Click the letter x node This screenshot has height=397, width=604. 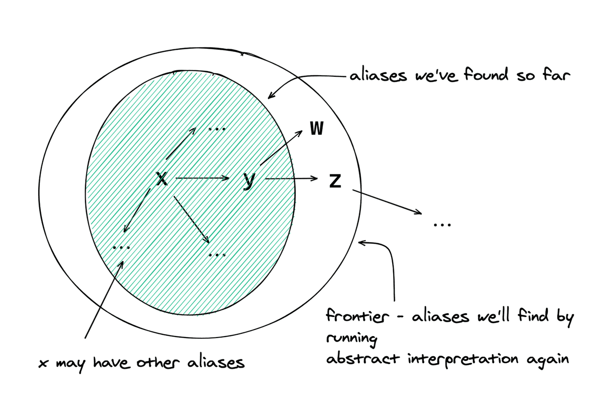pyautogui.click(x=161, y=178)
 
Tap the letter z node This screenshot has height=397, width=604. pyautogui.click(x=335, y=181)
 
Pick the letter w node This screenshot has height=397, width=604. pyautogui.click(x=316, y=129)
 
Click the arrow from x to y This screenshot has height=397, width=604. pyautogui.click(x=203, y=178)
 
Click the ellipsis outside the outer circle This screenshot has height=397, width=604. pyautogui.click(x=441, y=225)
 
